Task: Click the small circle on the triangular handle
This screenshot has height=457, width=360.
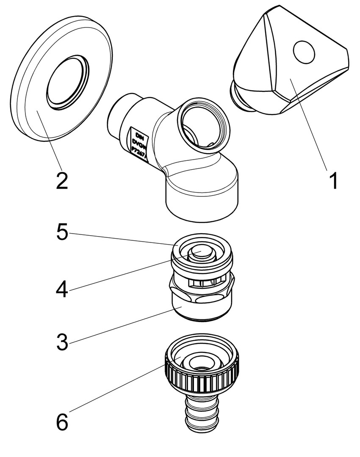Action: [304, 50]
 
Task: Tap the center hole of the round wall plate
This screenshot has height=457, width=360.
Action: [66, 80]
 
